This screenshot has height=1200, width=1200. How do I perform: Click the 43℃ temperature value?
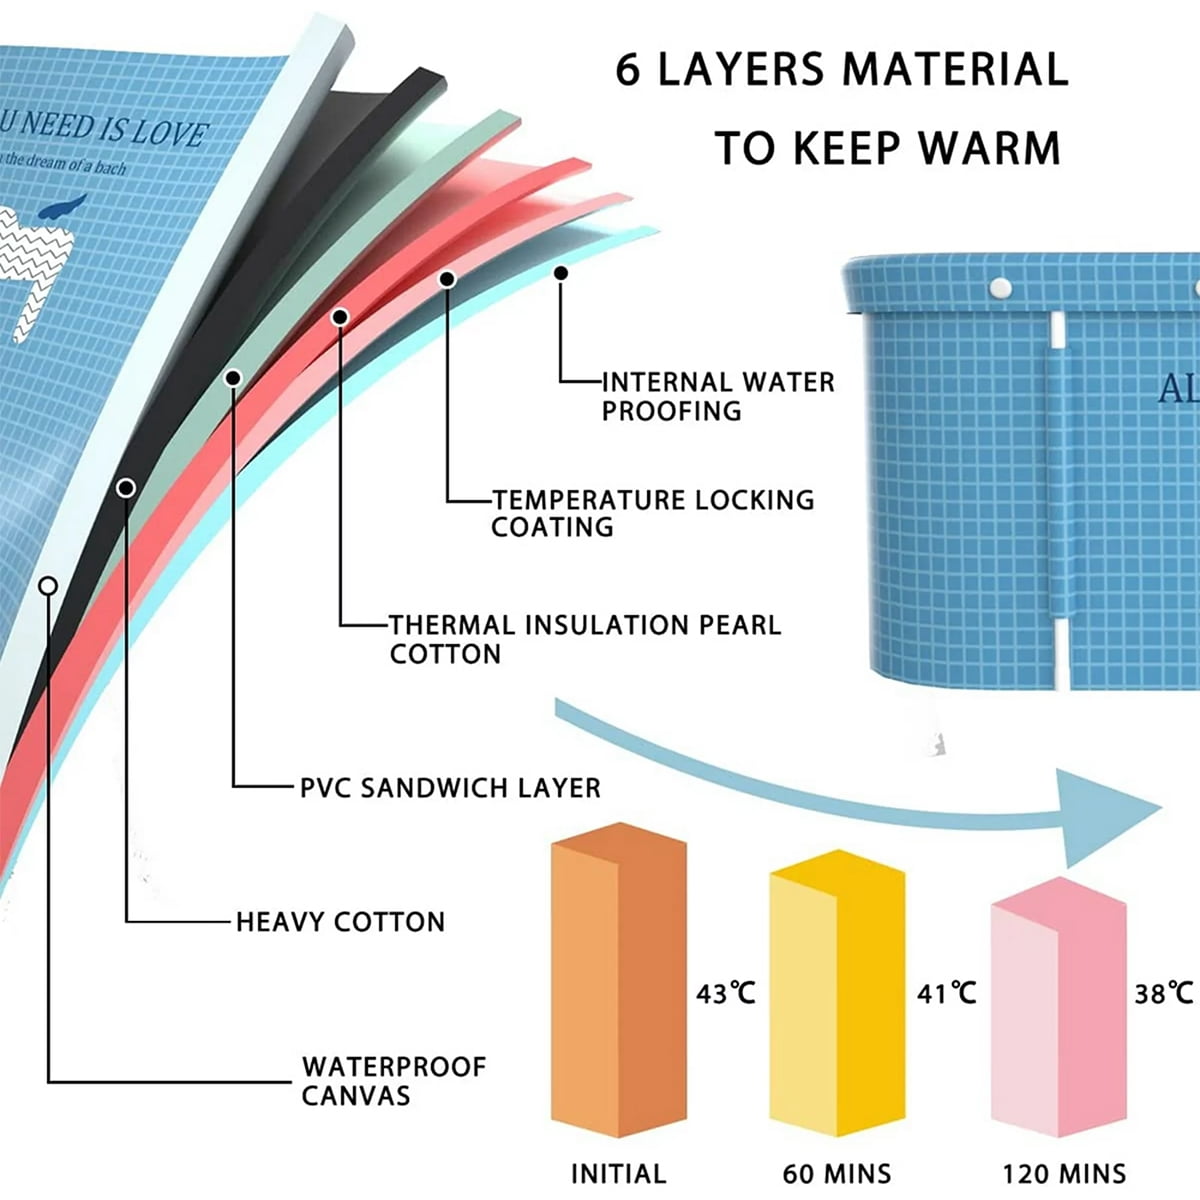(x=726, y=993)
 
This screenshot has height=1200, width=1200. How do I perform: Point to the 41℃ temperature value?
(x=946, y=993)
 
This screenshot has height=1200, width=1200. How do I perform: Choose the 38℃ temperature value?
(x=1163, y=993)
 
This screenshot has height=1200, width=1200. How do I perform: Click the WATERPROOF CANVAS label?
(x=393, y=1080)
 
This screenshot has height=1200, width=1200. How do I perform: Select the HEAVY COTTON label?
(x=340, y=921)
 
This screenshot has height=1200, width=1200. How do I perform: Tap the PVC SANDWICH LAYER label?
(x=450, y=787)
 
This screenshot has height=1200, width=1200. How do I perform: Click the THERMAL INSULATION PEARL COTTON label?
(x=584, y=639)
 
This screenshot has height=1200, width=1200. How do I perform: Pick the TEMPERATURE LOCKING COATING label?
(x=652, y=513)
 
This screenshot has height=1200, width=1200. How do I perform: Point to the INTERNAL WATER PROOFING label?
(x=717, y=396)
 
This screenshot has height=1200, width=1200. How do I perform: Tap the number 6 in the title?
(x=627, y=70)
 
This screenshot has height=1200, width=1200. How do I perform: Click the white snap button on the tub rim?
(x=998, y=289)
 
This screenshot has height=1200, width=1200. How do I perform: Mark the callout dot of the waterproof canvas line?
(x=47, y=586)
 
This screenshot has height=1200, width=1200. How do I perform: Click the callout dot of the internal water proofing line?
(x=561, y=272)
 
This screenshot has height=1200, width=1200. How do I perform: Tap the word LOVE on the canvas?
(x=170, y=132)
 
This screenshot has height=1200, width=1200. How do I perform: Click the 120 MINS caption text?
(x=1064, y=1173)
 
